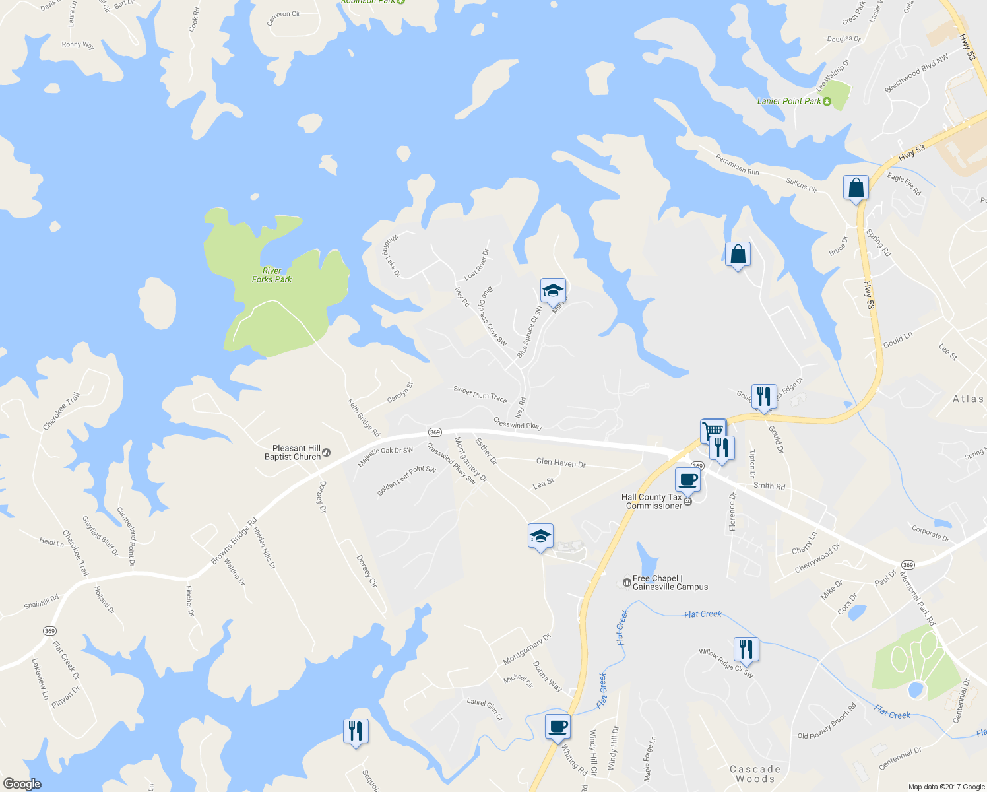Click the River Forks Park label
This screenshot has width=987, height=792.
point(272,275)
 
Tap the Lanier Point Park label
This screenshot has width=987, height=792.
point(789,101)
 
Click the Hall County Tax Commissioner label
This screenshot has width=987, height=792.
point(654,502)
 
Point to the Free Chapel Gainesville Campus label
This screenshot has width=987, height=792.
point(670,583)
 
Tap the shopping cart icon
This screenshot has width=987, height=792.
point(713,430)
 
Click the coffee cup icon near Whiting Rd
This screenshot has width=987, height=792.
point(557,726)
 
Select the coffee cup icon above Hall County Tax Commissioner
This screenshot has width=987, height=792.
point(687,479)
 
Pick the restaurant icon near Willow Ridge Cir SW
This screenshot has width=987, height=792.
point(746,649)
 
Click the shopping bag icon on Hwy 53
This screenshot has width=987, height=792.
point(855,187)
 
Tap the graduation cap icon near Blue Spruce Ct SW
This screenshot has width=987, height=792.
point(553,290)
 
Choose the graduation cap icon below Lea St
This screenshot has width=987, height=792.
point(540,536)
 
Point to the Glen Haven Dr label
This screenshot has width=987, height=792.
point(561,463)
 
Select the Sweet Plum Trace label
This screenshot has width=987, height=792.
point(480,394)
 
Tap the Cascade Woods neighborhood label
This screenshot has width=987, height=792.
point(755,774)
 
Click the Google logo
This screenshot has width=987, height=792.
point(22,784)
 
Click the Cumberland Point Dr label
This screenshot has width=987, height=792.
point(127,536)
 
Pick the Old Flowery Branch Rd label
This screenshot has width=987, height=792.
point(827,721)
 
